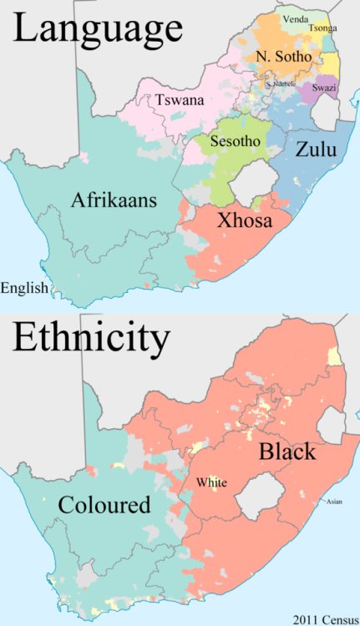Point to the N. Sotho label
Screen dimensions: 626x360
[x=285, y=56]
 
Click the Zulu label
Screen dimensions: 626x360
[x=316, y=151]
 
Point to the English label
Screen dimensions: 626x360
[x=24, y=289]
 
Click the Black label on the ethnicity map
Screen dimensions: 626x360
[x=286, y=452]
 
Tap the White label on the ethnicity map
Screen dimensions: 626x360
[x=212, y=482]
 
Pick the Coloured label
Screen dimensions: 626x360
[x=104, y=505]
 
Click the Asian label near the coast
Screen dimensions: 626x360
[x=334, y=501]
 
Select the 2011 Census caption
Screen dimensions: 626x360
[x=322, y=618]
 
